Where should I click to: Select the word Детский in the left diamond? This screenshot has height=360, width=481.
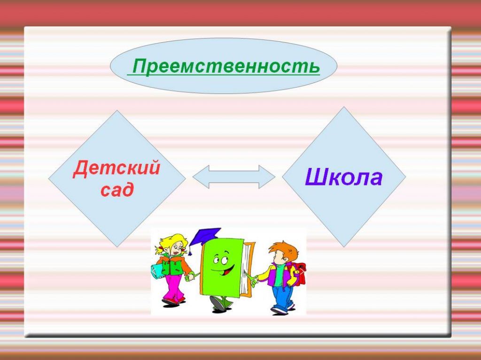[116, 168]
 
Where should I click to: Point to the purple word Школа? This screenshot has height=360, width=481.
[343, 178]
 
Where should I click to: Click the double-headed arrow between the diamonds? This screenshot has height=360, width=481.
[234, 177]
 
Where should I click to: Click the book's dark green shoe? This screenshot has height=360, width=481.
[218, 303]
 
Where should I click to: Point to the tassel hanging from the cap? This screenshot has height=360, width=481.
[191, 249]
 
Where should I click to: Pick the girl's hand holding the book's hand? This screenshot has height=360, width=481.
[191, 277]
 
